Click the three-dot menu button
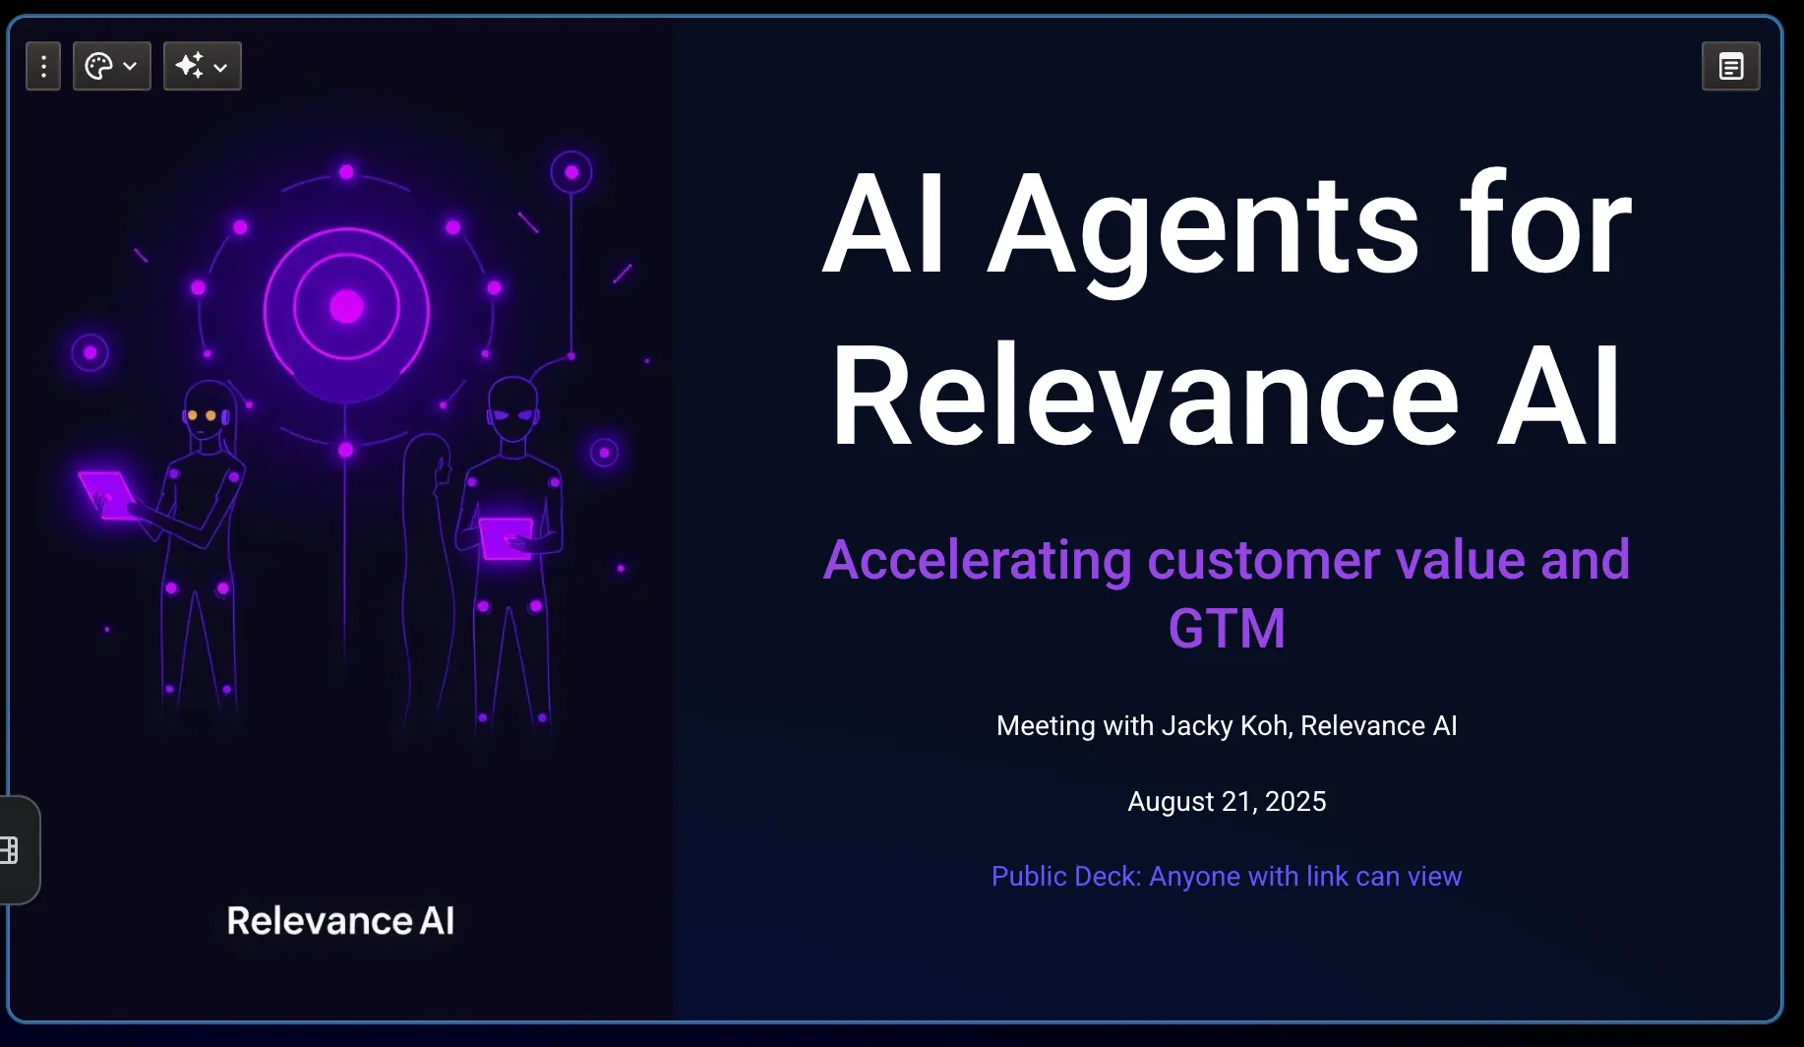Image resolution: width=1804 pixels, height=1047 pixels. [x=43, y=66]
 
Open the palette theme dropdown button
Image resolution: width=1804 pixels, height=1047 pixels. [x=112, y=66]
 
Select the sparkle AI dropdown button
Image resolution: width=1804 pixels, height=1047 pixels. [x=203, y=66]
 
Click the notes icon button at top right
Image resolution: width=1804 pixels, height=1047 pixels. [x=1731, y=66]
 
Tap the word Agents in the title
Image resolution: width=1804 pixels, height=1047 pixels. [x=1204, y=226]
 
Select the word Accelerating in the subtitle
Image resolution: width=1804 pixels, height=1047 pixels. [x=978, y=561]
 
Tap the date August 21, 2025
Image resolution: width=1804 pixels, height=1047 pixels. [x=1227, y=802]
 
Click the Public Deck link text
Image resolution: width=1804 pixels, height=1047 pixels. [x=1227, y=876]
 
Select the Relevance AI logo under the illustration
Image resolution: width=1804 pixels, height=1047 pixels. [x=340, y=921]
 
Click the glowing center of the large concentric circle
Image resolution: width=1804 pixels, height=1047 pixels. [x=346, y=307]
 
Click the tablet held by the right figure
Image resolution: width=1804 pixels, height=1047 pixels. [x=507, y=538]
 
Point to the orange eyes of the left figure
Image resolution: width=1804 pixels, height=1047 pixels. [x=202, y=415]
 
